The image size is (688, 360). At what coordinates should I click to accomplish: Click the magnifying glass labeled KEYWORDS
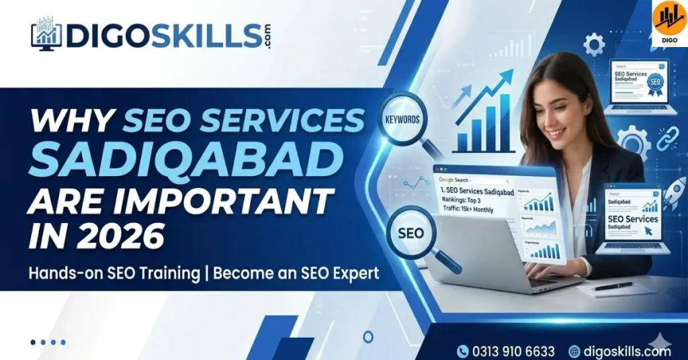(x=402, y=121)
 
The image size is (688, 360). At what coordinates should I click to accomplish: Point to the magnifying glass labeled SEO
(x=410, y=234)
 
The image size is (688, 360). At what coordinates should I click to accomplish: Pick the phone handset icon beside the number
(x=463, y=351)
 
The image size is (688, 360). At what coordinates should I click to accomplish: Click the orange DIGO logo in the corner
(x=669, y=21)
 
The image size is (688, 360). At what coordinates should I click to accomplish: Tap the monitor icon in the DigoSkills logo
(x=46, y=34)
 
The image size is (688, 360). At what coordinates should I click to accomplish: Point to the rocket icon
(x=674, y=193)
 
